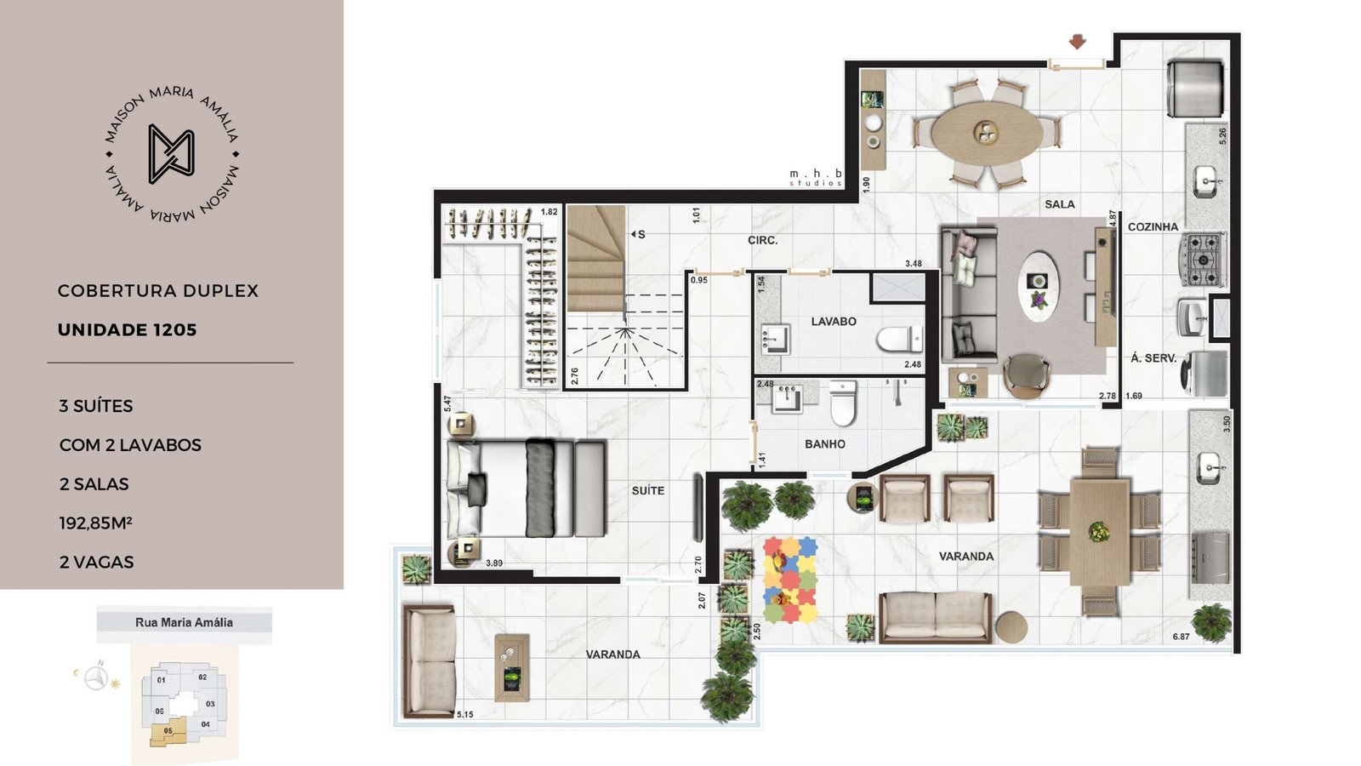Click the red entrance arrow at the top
[1077, 42]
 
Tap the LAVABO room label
[834, 322]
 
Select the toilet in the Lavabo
[899, 340]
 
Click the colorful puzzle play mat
[790, 580]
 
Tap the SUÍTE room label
[647, 490]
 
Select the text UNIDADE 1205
[127, 330]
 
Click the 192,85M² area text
[96, 523]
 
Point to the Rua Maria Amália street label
[184, 622]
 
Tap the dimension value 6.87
[1182, 637]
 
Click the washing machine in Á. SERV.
[1204, 374]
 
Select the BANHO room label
[825, 444]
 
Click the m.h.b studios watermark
[816, 178]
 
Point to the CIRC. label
[762, 241]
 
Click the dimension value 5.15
[464, 714]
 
